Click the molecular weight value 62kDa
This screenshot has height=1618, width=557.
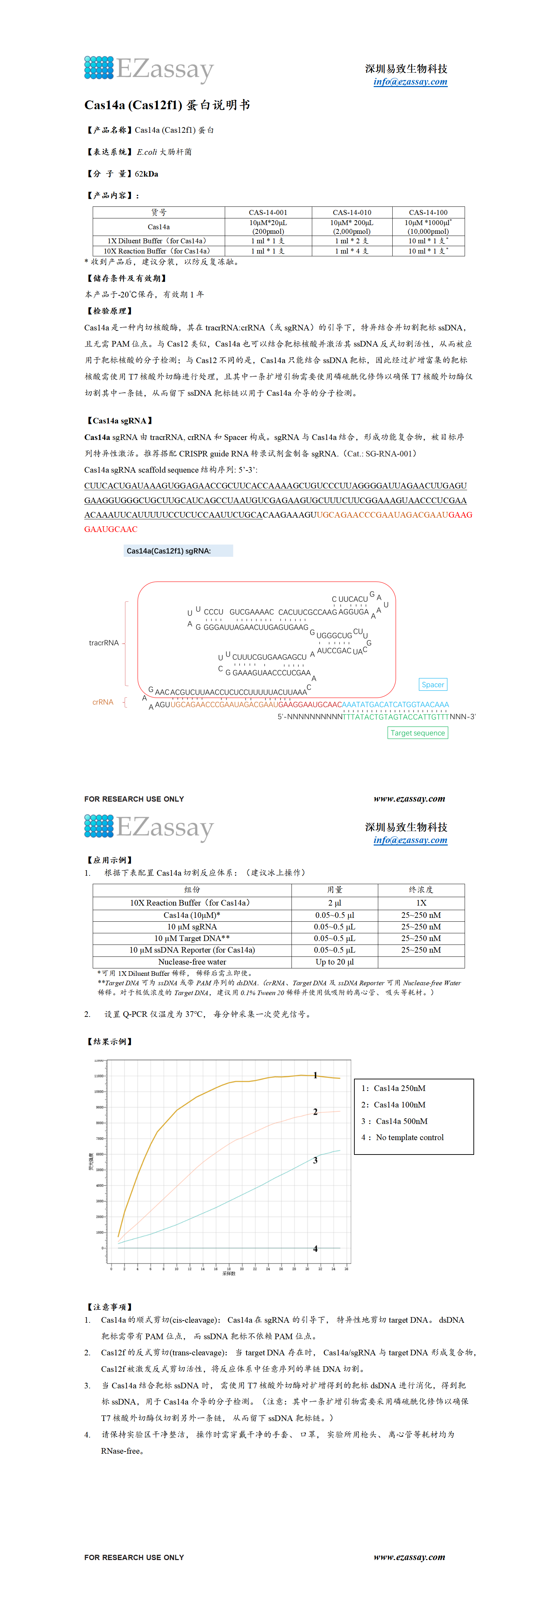point(146,174)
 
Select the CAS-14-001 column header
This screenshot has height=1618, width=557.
point(268,212)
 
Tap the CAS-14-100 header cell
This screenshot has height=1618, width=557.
point(428,212)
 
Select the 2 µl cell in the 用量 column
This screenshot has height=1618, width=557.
point(335,903)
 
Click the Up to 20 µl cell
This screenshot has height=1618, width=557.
point(335,962)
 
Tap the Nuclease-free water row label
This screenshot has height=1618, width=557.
point(192,962)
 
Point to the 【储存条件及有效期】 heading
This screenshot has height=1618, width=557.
point(127,278)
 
